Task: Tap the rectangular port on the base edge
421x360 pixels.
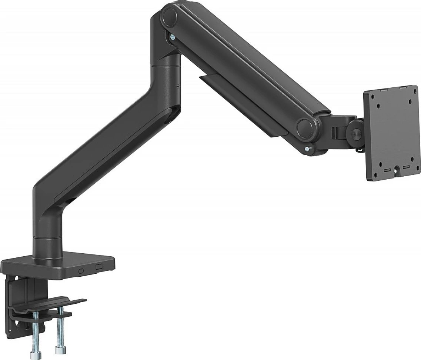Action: (99, 266)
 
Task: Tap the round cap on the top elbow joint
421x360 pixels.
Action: (169, 17)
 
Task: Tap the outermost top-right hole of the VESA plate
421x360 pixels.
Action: (411, 103)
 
